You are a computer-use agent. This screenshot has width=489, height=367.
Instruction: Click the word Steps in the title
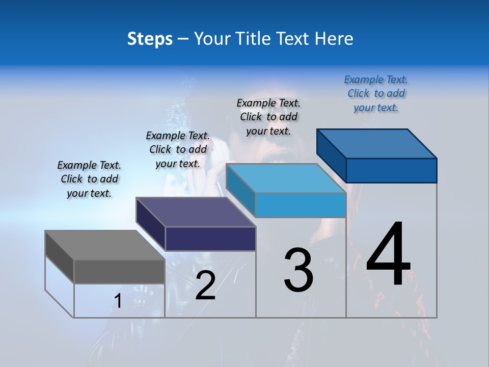click(x=150, y=39)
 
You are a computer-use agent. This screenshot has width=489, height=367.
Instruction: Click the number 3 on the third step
click(x=298, y=270)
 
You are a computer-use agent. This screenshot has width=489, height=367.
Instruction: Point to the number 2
click(x=205, y=285)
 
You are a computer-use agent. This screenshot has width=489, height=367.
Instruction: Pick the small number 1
click(x=118, y=301)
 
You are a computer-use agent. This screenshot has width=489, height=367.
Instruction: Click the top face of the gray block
click(x=104, y=245)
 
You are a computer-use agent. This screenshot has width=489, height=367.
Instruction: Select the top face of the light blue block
click(x=285, y=178)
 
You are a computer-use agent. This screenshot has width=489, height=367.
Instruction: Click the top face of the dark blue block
click(x=377, y=144)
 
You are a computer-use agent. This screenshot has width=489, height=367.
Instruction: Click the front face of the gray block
click(x=119, y=271)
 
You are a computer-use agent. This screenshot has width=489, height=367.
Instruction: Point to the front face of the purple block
click(x=210, y=239)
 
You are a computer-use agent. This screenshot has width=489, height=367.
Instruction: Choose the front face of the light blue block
click(x=301, y=205)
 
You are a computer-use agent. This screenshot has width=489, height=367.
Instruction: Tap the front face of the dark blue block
click(x=391, y=170)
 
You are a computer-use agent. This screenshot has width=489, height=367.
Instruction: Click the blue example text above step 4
click(x=376, y=94)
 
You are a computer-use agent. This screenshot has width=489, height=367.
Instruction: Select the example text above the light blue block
click(x=268, y=117)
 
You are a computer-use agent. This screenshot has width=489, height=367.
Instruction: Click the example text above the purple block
click(x=178, y=149)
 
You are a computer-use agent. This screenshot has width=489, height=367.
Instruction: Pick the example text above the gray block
click(x=89, y=179)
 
